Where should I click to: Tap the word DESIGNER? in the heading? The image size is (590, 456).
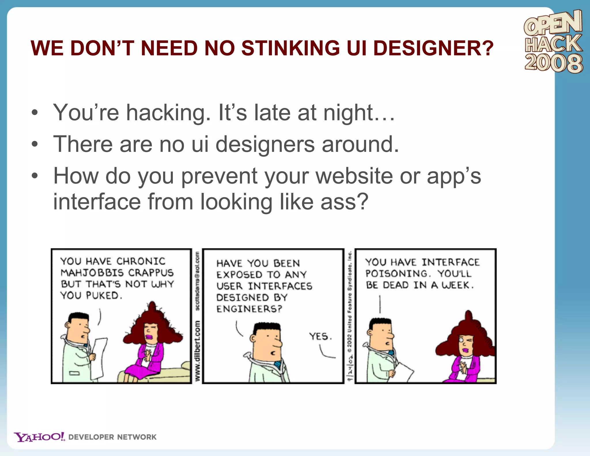click(x=433, y=48)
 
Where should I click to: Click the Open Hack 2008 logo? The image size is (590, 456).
click(x=553, y=42)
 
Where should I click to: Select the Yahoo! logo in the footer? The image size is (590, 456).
click(x=39, y=437)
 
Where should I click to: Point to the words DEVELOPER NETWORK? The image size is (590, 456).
click(x=112, y=437)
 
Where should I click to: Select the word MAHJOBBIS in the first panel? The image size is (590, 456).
click(x=92, y=273)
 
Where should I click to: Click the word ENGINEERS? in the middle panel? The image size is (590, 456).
click(x=249, y=309)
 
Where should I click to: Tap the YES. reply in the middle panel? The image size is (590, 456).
click(x=320, y=336)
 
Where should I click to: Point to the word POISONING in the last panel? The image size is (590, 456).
click(x=396, y=274)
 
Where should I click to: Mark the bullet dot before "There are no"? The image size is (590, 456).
click(x=35, y=144)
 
